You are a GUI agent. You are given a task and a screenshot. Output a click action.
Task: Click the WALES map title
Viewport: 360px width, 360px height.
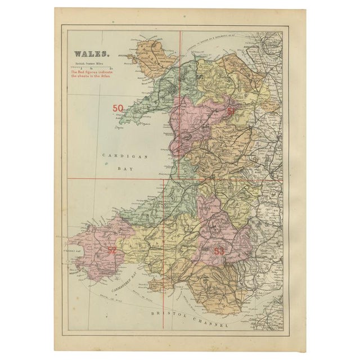90,55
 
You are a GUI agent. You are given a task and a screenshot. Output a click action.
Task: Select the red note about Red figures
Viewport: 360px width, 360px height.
91,74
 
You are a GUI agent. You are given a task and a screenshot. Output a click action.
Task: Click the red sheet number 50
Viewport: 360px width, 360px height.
119,108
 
